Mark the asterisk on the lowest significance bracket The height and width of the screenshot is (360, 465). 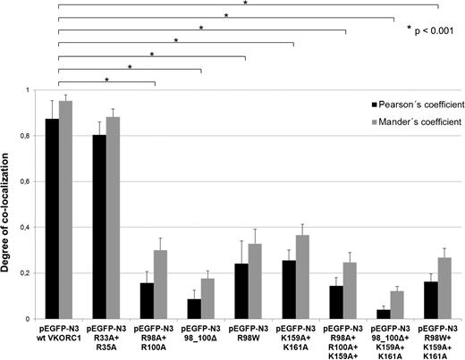107,80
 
